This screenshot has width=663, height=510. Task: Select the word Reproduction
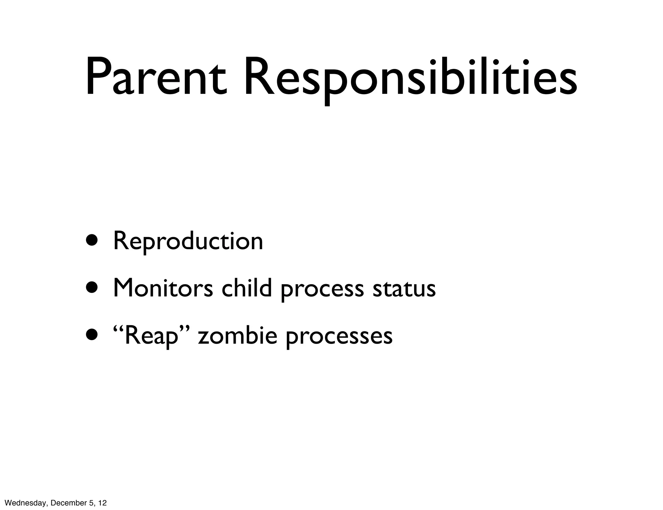[x=188, y=242]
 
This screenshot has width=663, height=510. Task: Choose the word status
[x=404, y=289]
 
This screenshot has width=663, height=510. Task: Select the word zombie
[x=238, y=336]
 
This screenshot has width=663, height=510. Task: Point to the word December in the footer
[x=66, y=503]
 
